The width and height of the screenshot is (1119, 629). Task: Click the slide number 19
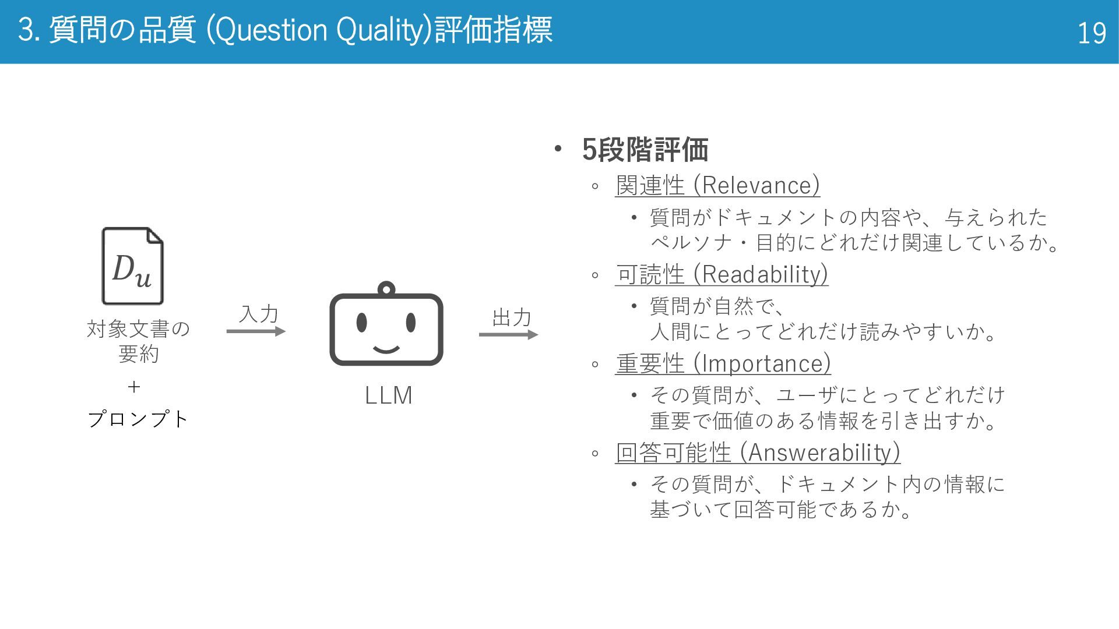pos(1091,33)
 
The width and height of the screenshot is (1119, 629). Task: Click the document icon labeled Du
pos(133,266)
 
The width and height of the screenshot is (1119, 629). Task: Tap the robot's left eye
pos(361,321)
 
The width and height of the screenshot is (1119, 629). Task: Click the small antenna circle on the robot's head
pos(386,288)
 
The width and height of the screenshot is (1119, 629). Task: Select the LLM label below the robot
pos(388,395)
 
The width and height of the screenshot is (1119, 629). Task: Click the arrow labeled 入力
pos(256,331)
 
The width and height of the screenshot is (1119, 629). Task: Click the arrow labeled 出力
pos(508,334)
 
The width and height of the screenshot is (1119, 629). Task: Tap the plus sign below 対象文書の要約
pos(134,387)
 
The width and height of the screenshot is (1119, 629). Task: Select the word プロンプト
pos(138,419)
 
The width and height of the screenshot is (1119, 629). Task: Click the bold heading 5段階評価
pos(645,150)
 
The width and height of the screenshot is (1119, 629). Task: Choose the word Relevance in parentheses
pos(756,186)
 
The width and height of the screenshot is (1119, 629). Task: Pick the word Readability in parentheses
pos(764,274)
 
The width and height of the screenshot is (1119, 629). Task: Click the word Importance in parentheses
pos(766,364)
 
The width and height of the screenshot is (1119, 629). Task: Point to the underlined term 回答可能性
pos(673,453)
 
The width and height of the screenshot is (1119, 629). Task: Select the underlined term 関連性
pos(650,186)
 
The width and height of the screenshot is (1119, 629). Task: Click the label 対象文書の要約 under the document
pos(138,341)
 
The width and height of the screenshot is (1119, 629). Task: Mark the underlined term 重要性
pos(650,364)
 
